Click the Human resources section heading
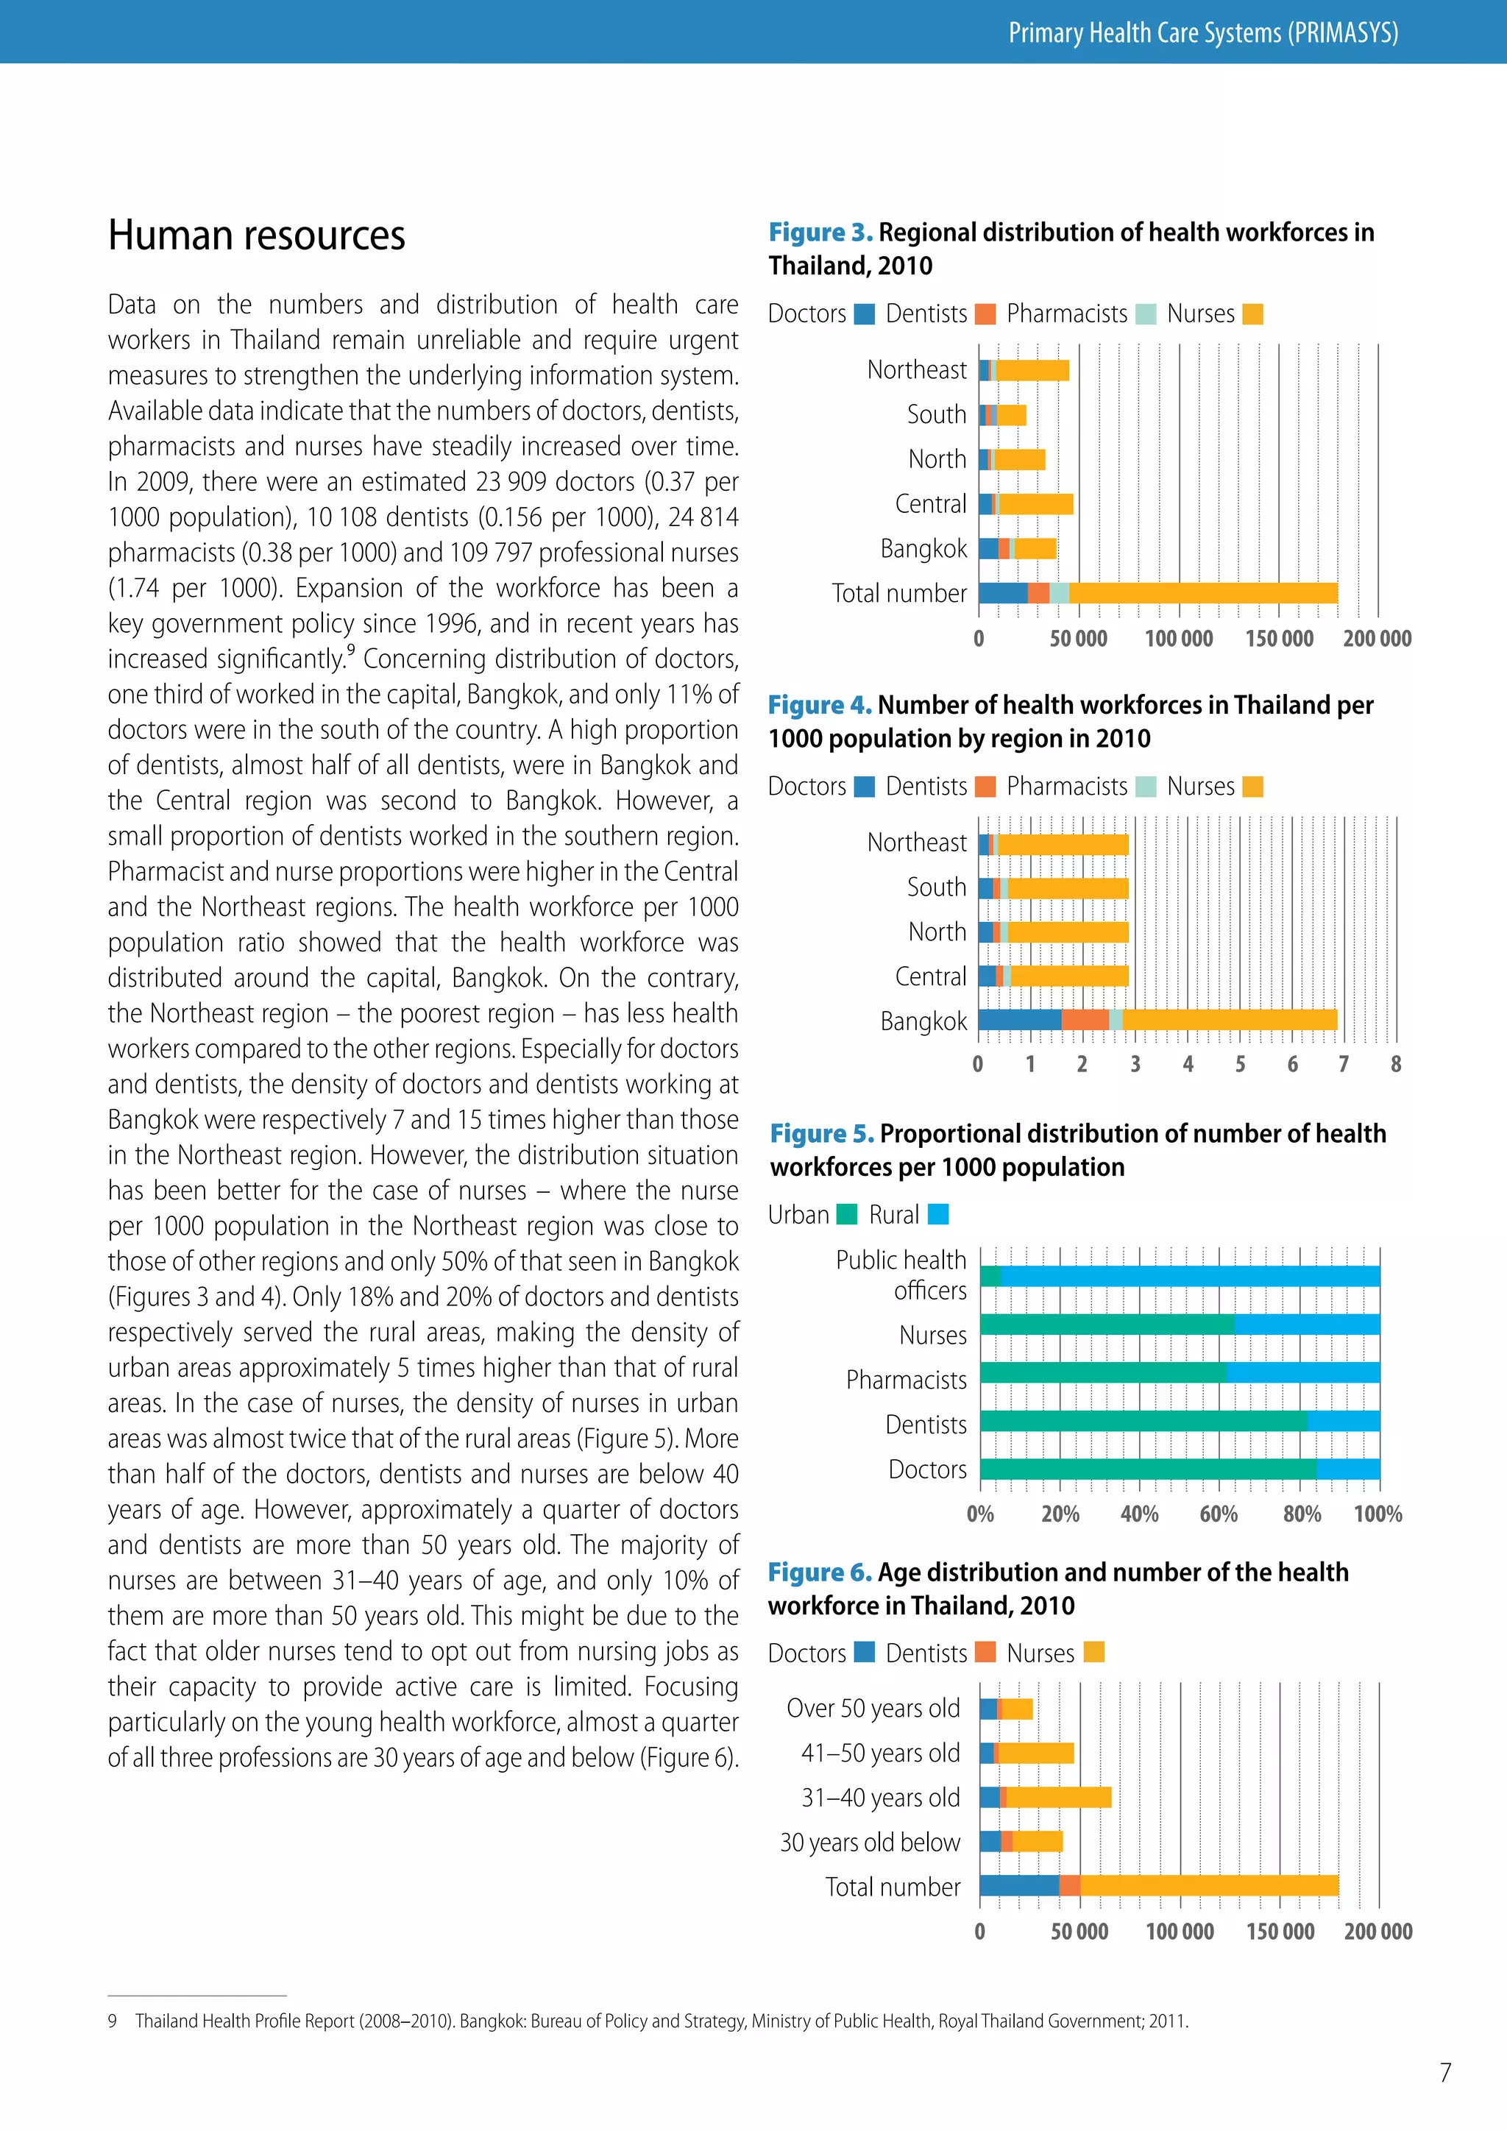click(x=256, y=235)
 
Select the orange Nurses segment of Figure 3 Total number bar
click(x=1202, y=593)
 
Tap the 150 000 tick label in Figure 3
click(x=1279, y=639)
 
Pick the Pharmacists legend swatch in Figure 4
click(x=1146, y=787)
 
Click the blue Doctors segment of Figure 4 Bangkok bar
click(x=1019, y=1020)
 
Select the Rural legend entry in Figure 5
click(x=938, y=1214)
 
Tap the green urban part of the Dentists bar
click(x=1142, y=1421)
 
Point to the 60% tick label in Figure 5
click(x=1219, y=1514)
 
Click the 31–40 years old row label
click(x=880, y=1798)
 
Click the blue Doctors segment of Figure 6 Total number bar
click(x=1019, y=1885)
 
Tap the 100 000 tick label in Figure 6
click(x=1180, y=1932)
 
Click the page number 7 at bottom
click(x=1445, y=2073)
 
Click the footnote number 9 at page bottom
click(x=113, y=2021)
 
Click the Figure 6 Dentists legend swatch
click(x=985, y=1652)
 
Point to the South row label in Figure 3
click(x=936, y=415)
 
